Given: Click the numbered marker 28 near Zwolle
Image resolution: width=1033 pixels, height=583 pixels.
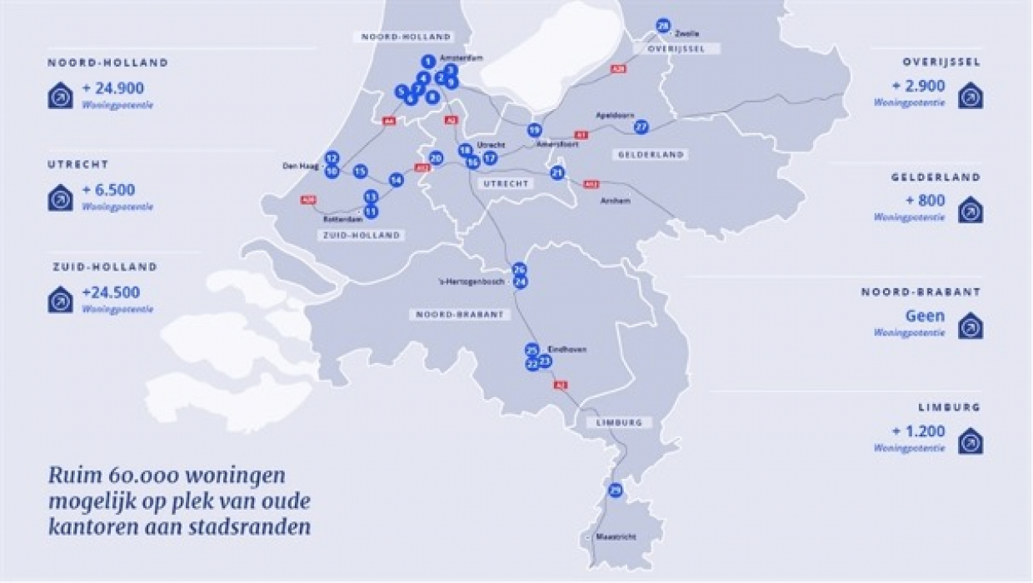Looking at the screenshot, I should pyautogui.click(x=663, y=26).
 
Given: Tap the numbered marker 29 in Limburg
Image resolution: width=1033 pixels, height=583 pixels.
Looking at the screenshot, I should pyautogui.click(x=616, y=490).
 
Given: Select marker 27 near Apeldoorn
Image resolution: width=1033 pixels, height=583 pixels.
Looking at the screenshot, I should pyautogui.click(x=641, y=127).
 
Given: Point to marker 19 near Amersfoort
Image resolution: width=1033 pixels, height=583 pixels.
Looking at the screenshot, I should pyautogui.click(x=535, y=130).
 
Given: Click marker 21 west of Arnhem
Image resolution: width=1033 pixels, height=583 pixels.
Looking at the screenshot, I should pyautogui.click(x=557, y=172).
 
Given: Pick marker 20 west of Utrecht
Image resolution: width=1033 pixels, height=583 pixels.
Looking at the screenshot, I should pyautogui.click(x=436, y=157).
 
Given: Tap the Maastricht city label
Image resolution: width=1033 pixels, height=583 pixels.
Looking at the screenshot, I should pyautogui.click(x=616, y=537).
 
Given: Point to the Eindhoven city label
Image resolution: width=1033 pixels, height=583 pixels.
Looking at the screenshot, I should pyautogui.click(x=567, y=350).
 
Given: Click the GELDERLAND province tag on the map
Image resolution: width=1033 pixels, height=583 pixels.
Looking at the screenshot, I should pyautogui.click(x=651, y=155).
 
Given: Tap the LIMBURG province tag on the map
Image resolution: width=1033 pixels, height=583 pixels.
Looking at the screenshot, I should pyautogui.click(x=619, y=422).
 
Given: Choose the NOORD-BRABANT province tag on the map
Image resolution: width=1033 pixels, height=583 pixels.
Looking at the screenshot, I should pyautogui.click(x=458, y=315).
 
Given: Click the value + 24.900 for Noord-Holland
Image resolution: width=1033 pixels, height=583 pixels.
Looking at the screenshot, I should pyautogui.click(x=113, y=87).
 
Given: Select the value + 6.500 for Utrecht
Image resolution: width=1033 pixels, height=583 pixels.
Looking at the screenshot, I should pyautogui.click(x=108, y=190).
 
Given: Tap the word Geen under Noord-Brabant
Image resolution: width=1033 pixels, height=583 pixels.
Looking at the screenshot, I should pyautogui.click(x=925, y=316).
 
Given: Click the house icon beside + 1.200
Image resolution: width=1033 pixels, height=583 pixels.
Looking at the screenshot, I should pyautogui.click(x=970, y=441).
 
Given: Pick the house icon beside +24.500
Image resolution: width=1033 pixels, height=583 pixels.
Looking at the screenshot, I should pyautogui.click(x=60, y=300).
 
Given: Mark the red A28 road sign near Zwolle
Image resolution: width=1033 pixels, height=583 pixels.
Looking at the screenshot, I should pyautogui.click(x=617, y=69).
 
